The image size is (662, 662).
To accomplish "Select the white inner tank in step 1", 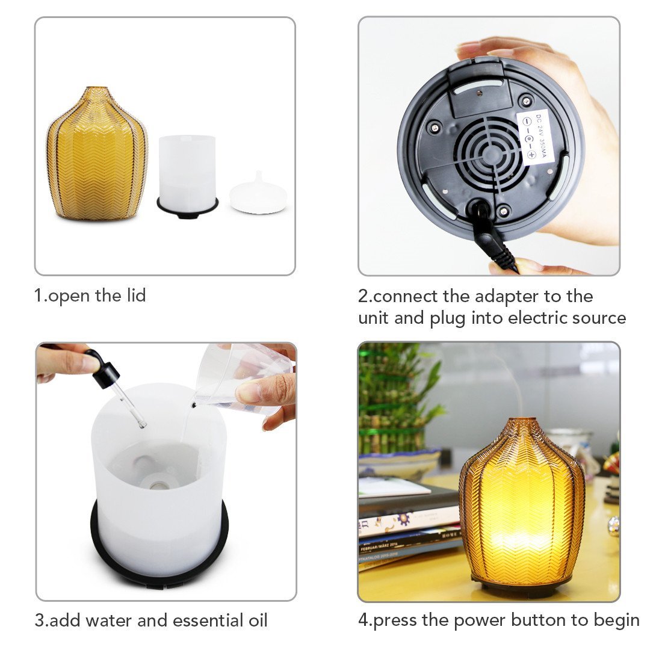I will click(187, 169).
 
